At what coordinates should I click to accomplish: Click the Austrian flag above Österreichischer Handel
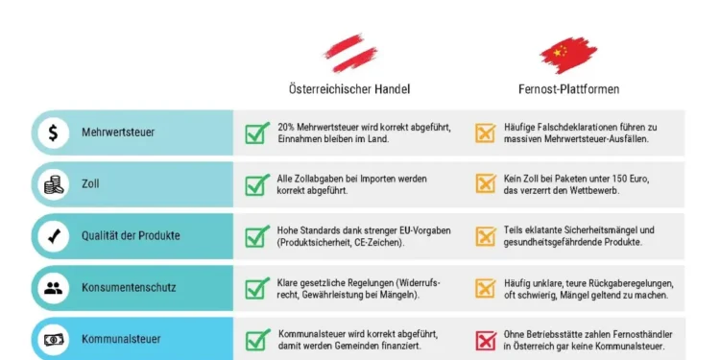pos(348,50)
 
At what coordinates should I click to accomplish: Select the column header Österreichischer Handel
pos(349,89)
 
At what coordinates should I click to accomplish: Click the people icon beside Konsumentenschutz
pos(53,287)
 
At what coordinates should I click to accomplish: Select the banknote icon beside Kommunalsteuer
pos(53,339)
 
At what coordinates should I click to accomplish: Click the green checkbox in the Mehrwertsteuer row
pos(256,133)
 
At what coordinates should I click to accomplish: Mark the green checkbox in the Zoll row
pos(256,185)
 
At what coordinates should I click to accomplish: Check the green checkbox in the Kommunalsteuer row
pos(256,340)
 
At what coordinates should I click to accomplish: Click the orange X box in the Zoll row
pos(485,185)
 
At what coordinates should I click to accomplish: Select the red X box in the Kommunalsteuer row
pos(485,340)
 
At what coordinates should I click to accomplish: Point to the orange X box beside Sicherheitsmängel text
pos(485,237)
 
